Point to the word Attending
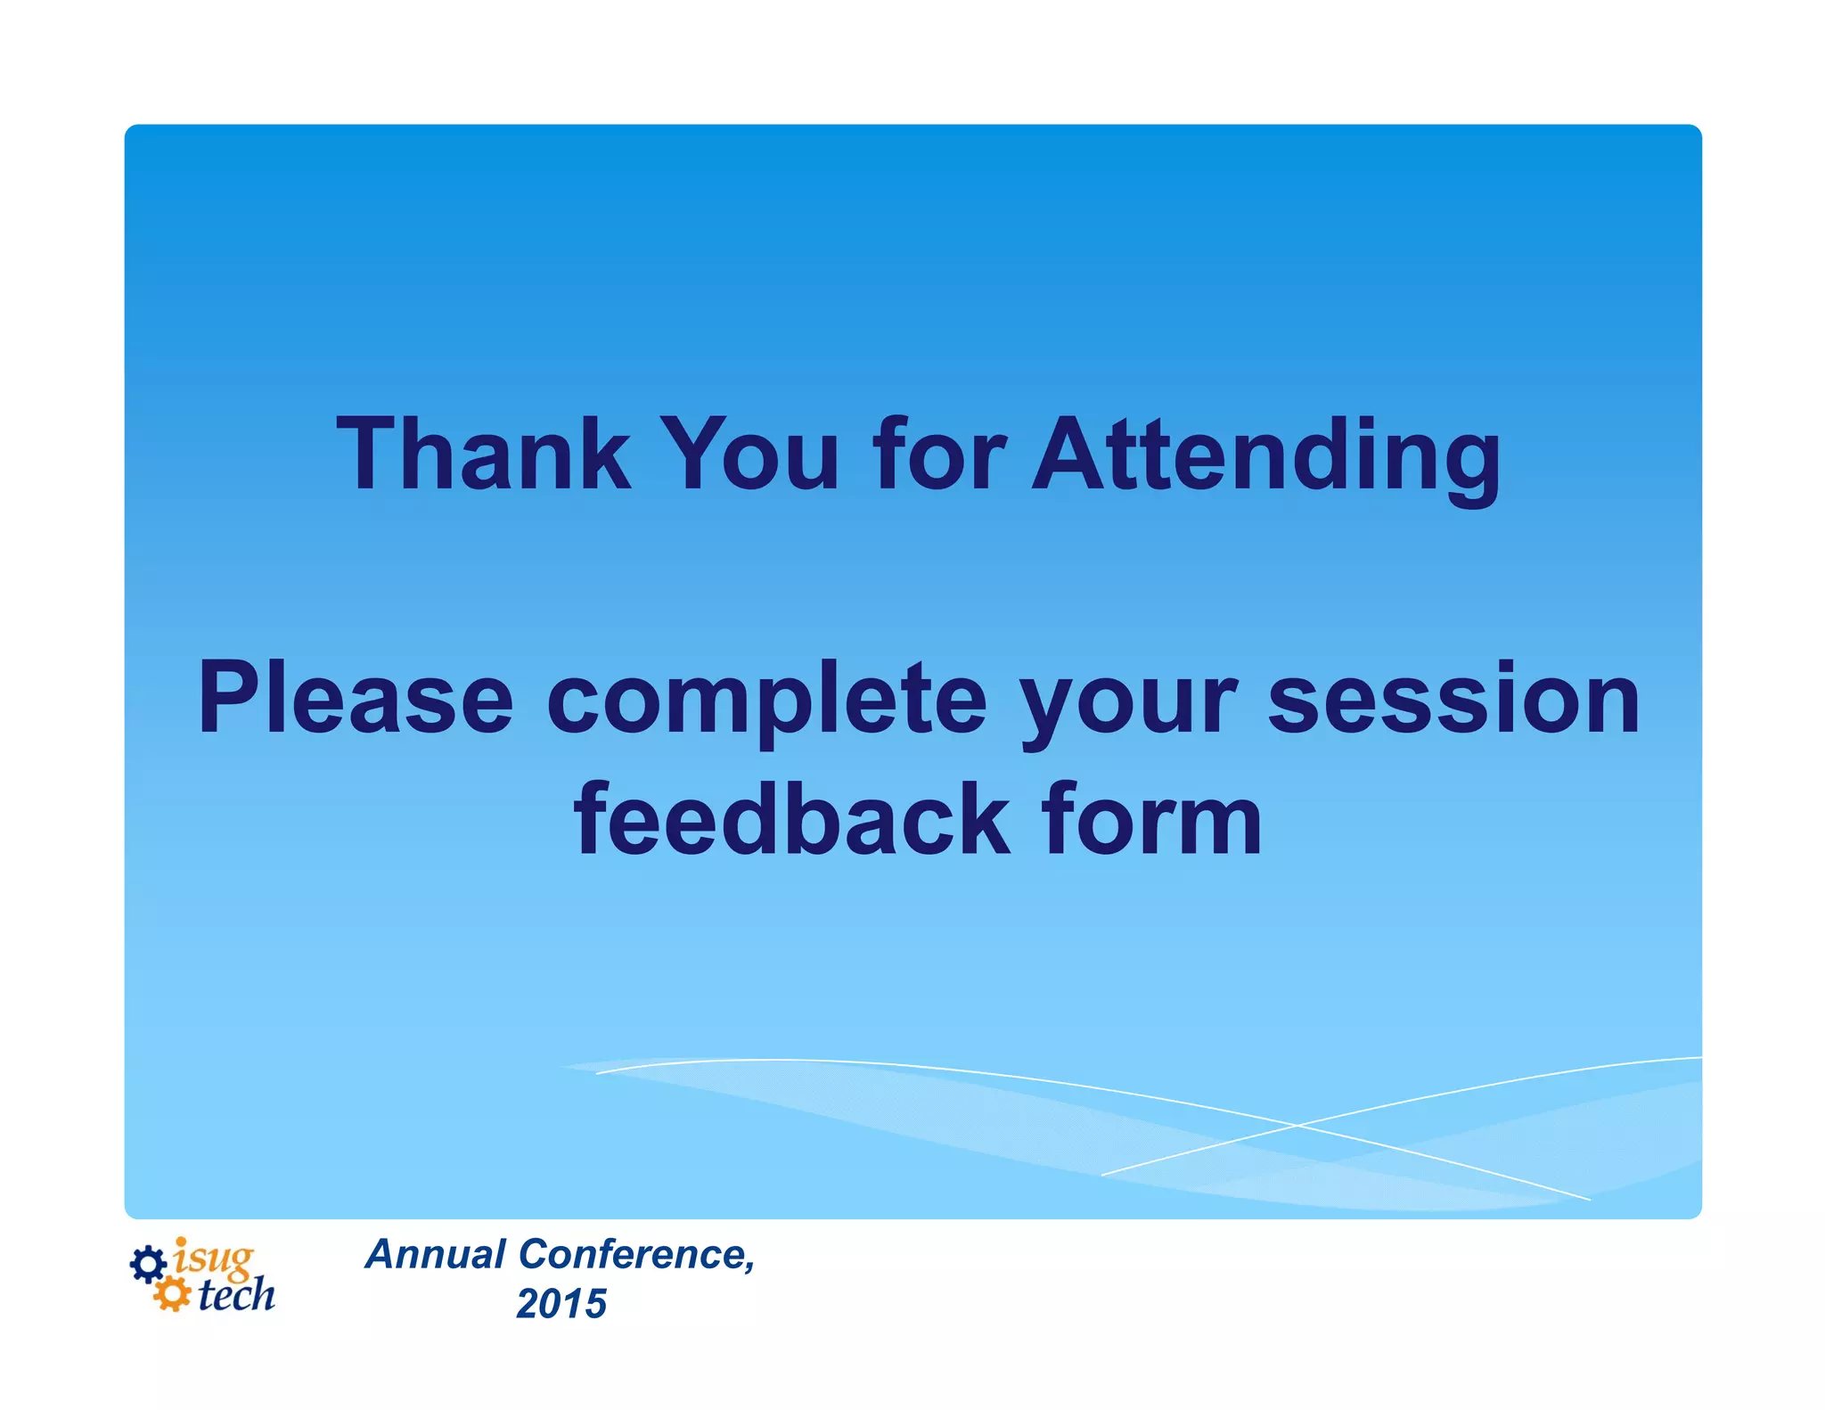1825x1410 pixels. (1265, 456)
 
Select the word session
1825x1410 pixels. (1453, 701)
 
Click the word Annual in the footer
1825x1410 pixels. (436, 1254)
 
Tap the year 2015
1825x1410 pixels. (561, 1304)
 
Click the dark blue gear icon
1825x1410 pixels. (148, 1264)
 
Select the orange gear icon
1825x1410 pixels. (171, 1294)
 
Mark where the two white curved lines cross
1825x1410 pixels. (1297, 1126)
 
